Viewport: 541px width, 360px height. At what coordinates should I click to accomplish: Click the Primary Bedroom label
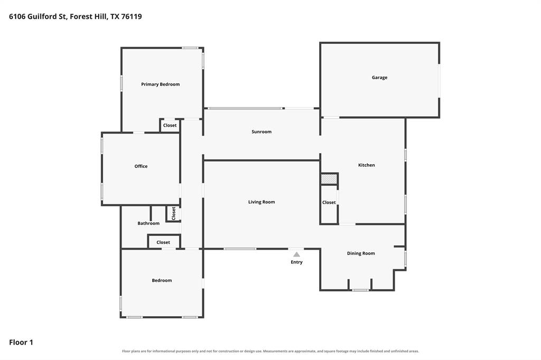(161, 84)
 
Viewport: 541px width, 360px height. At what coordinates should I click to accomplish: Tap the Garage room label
(379, 78)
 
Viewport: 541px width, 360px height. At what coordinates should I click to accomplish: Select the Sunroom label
(262, 132)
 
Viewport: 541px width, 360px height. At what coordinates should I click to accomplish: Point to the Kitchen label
(367, 165)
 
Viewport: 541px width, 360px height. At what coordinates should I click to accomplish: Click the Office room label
(141, 166)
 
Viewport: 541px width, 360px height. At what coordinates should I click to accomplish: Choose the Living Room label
(262, 202)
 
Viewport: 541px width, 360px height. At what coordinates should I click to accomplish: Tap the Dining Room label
(361, 253)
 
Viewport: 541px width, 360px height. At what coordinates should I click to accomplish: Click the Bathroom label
(148, 223)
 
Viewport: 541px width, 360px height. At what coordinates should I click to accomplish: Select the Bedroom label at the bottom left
(162, 280)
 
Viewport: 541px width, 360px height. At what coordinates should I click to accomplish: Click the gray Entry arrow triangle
(297, 254)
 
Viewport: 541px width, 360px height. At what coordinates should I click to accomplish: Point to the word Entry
(297, 262)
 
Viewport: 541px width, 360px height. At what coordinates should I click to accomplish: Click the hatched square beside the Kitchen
(329, 179)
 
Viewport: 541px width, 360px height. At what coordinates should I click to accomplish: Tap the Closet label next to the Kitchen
(329, 202)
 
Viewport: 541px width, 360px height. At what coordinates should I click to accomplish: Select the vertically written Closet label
(173, 213)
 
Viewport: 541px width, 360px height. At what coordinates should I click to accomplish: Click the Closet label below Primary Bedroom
(170, 126)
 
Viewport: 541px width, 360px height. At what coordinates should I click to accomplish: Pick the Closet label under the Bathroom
(163, 242)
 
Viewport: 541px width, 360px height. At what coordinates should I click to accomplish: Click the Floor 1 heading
(21, 343)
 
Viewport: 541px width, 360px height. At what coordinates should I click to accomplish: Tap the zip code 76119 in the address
(132, 16)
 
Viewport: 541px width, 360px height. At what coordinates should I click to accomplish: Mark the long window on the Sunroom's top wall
(245, 109)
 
